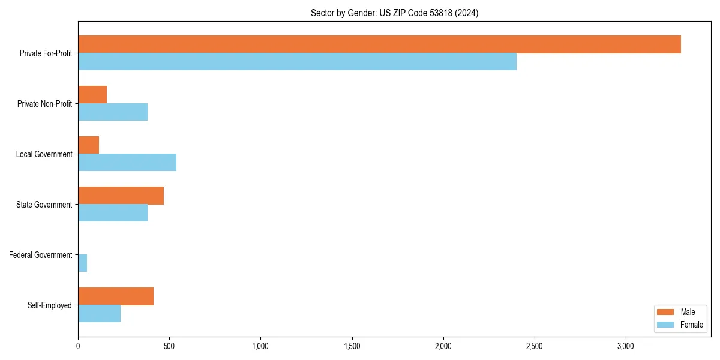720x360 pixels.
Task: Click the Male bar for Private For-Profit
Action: (379, 44)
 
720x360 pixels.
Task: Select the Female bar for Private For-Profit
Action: (297, 62)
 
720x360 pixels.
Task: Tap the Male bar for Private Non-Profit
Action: (92, 95)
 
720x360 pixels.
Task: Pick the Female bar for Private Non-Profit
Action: (113, 112)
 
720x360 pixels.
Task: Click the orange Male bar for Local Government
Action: (88, 145)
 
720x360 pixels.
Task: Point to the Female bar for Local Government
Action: (127, 163)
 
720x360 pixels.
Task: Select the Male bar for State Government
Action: (121, 196)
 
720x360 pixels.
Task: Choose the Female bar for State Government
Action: (113, 213)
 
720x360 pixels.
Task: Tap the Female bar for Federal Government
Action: (82, 263)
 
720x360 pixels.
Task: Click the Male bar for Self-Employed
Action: (116, 296)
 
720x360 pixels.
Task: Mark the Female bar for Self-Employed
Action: (99, 314)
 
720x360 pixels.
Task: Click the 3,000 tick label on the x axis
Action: (626, 346)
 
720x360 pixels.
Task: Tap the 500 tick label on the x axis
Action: (169, 346)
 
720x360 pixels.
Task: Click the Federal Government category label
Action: (41, 255)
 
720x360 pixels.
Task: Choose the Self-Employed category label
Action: (50, 305)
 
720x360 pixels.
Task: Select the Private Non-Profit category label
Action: (44, 104)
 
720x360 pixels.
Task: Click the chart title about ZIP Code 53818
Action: (394, 13)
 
